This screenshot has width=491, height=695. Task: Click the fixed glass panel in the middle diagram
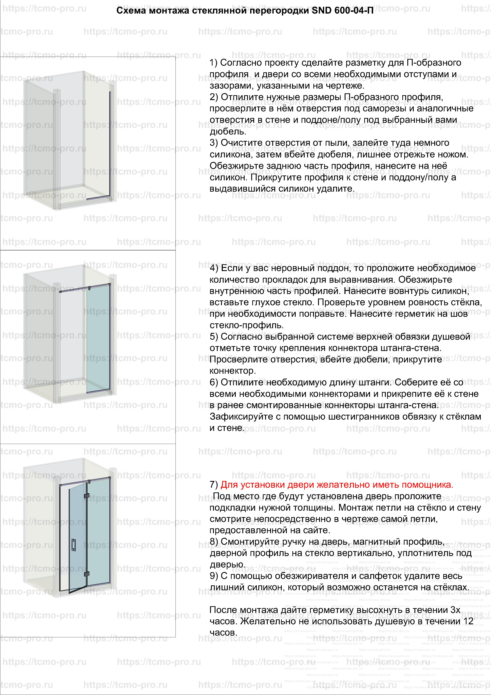click(98, 339)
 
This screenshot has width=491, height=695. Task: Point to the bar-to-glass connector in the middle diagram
click(90, 288)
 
